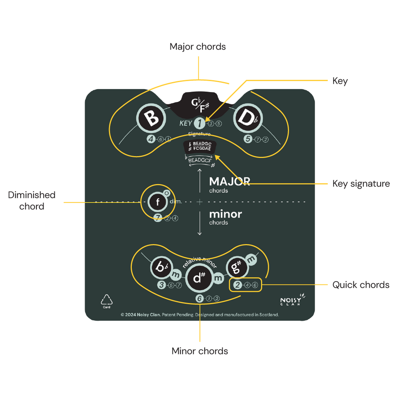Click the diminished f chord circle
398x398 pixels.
(x=158, y=202)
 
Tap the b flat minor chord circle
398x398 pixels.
(x=160, y=267)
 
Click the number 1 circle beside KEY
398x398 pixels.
(x=199, y=123)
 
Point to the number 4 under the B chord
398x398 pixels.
(x=151, y=139)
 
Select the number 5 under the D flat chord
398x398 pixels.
(x=248, y=139)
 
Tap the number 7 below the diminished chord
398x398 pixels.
(x=158, y=218)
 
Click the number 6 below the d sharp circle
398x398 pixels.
(x=199, y=298)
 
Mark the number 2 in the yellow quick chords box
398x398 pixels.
(x=238, y=285)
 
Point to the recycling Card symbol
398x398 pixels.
(x=107, y=301)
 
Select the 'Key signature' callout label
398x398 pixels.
(x=361, y=183)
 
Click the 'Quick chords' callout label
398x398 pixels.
(x=361, y=285)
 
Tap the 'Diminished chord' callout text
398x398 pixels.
(x=32, y=200)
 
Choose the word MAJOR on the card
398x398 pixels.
(x=229, y=182)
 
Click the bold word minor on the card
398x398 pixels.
(x=225, y=214)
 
